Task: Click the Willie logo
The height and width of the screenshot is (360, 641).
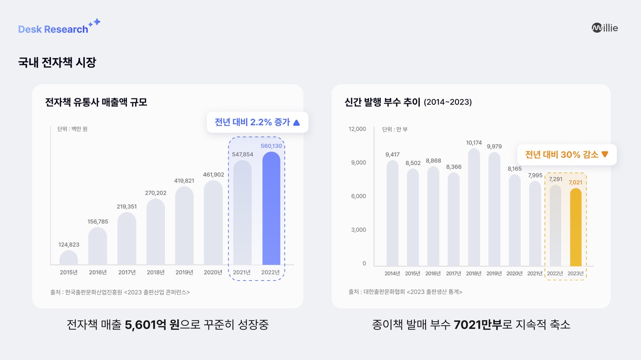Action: (x=604, y=28)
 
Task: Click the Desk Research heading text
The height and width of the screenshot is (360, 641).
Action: (x=53, y=29)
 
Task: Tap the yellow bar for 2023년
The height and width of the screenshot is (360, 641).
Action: (x=576, y=227)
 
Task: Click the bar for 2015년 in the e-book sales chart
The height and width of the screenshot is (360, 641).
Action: (x=69, y=258)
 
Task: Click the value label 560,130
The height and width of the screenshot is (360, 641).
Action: (x=271, y=146)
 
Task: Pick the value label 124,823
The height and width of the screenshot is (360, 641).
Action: (x=69, y=245)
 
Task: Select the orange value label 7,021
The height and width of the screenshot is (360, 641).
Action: (x=576, y=182)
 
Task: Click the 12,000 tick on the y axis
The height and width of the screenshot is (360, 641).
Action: (x=357, y=129)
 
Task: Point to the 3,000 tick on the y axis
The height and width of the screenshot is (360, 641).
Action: (x=358, y=230)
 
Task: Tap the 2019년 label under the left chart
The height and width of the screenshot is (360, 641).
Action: (x=184, y=272)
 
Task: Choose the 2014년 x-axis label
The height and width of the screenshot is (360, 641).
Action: (x=392, y=273)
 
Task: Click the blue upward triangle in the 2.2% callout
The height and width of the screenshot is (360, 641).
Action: (x=296, y=122)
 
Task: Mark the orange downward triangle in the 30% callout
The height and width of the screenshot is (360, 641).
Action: (x=604, y=154)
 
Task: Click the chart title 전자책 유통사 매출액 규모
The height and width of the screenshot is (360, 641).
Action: (x=96, y=102)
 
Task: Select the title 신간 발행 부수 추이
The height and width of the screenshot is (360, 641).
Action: (x=382, y=102)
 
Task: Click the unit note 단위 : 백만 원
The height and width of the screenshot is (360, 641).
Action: (x=73, y=129)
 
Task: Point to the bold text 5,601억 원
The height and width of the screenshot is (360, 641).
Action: (x=152, y=325)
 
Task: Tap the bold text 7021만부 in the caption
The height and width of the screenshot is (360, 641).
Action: (x=478, y=325)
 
